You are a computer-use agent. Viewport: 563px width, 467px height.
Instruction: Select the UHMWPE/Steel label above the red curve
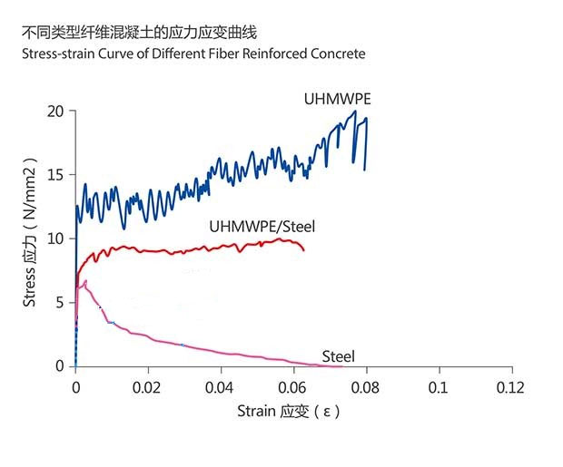coord(262,227)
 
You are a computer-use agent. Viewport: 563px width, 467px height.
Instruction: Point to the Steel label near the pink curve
coord(339,356)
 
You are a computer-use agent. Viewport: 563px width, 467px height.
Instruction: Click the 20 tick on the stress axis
coord(56,112)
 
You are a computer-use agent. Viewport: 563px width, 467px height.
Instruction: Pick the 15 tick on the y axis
coord(56,175)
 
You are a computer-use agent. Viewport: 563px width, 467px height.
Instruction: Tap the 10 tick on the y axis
coord(56,238)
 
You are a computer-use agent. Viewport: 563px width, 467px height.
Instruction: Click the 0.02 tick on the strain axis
coord(148,387)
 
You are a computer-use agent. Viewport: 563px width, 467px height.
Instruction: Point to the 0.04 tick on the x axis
coord(221,387)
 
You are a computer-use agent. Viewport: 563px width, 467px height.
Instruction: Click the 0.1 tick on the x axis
coord(440,387)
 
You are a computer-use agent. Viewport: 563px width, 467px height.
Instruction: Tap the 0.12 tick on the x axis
coord(512,387)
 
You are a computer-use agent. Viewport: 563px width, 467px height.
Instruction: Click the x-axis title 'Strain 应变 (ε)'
coord(289,412)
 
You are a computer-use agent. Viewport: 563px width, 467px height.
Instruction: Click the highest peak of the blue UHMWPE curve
coord(354,112)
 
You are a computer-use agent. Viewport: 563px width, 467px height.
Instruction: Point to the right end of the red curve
coord(304,249)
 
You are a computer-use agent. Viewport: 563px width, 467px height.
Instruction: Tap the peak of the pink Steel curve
coord(85,281)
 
